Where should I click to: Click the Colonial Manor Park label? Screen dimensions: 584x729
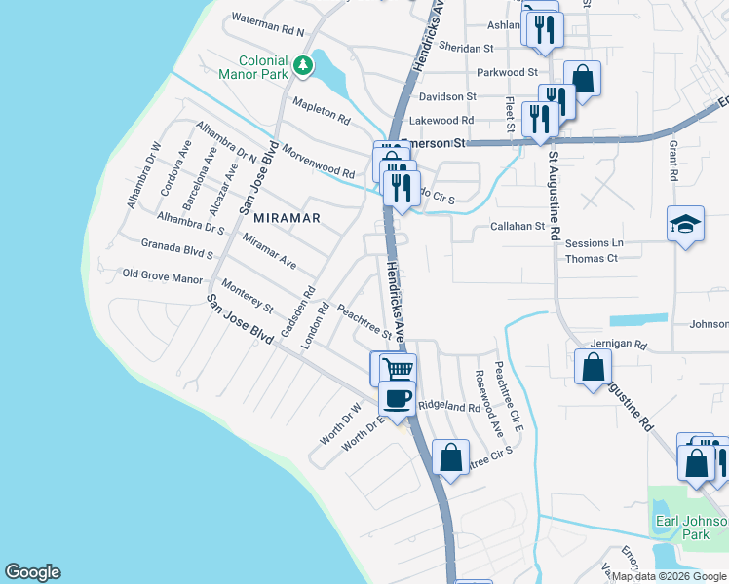pos(263,66)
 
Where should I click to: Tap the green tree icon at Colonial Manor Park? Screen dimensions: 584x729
pos(305,65)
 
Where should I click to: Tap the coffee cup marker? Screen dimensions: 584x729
pos(398,398)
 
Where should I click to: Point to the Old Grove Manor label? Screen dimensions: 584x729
pos(162,277)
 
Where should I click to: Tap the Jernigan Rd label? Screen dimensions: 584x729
pos(620,345)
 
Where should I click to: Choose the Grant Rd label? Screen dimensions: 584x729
pos(672,160)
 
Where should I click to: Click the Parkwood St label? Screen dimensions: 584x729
pos(507,73)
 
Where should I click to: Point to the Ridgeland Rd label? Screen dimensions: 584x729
pos(448,407)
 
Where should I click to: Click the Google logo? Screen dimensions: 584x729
pos(32,572)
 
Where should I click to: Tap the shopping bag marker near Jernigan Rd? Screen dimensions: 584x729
pos(593,368)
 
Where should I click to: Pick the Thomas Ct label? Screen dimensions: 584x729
pos(592,259)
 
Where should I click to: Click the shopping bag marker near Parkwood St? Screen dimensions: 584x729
pos(583,78)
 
